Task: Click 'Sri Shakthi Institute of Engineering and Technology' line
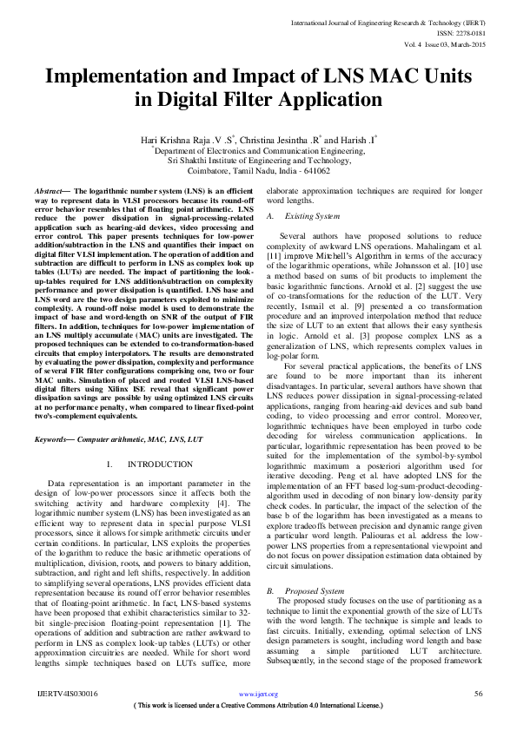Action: (259, 161)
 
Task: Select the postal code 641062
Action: (337, 171)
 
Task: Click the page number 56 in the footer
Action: (478, 694)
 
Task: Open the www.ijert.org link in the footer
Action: (258, 695)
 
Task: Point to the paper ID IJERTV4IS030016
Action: (67, 694)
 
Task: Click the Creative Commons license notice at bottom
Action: (258, 706)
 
